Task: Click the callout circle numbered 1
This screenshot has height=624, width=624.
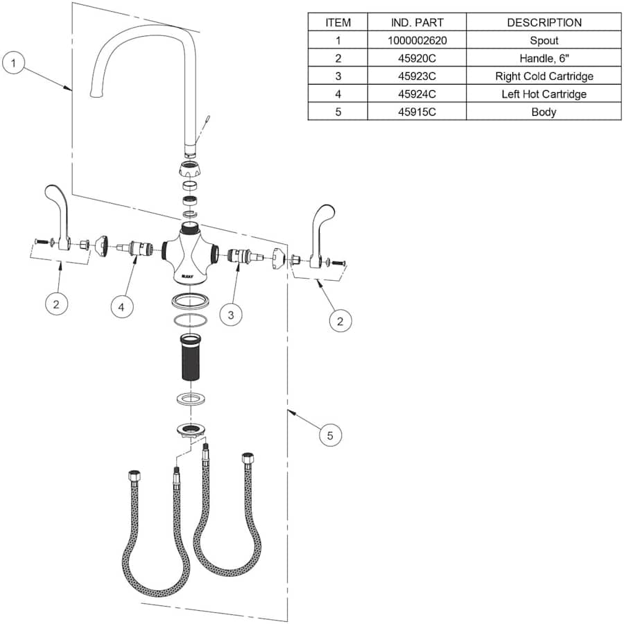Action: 15,64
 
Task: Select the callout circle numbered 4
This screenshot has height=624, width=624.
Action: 122,306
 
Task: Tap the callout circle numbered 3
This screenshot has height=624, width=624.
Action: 232,315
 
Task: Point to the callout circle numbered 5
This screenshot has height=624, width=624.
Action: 330,435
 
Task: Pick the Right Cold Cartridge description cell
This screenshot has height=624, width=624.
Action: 544,76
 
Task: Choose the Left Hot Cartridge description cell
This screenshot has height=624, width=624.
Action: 544,94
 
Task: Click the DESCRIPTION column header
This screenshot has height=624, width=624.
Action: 544,22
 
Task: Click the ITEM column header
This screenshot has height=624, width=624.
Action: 338,22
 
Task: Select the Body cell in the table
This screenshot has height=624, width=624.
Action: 544,112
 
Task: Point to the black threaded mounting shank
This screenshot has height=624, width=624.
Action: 190,358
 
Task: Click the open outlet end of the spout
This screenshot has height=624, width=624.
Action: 94,92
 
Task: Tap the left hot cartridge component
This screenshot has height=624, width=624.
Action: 139,248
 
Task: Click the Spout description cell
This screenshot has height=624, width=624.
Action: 544,40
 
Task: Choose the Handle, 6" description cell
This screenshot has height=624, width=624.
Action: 544,58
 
